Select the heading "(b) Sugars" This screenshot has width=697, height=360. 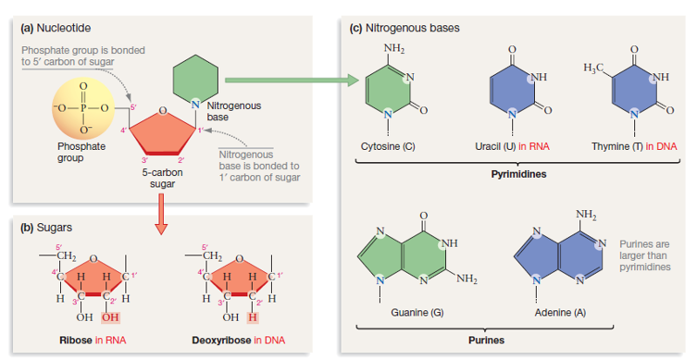[47, 227]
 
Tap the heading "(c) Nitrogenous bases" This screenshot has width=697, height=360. [404, 27]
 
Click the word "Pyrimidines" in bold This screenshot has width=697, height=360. [519, 173]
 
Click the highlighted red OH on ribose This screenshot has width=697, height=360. [117, 316]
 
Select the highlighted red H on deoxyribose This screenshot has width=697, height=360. [253, 316]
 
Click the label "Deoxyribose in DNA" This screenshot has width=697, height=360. [239, 338]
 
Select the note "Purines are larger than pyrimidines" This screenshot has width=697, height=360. [645, 255]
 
